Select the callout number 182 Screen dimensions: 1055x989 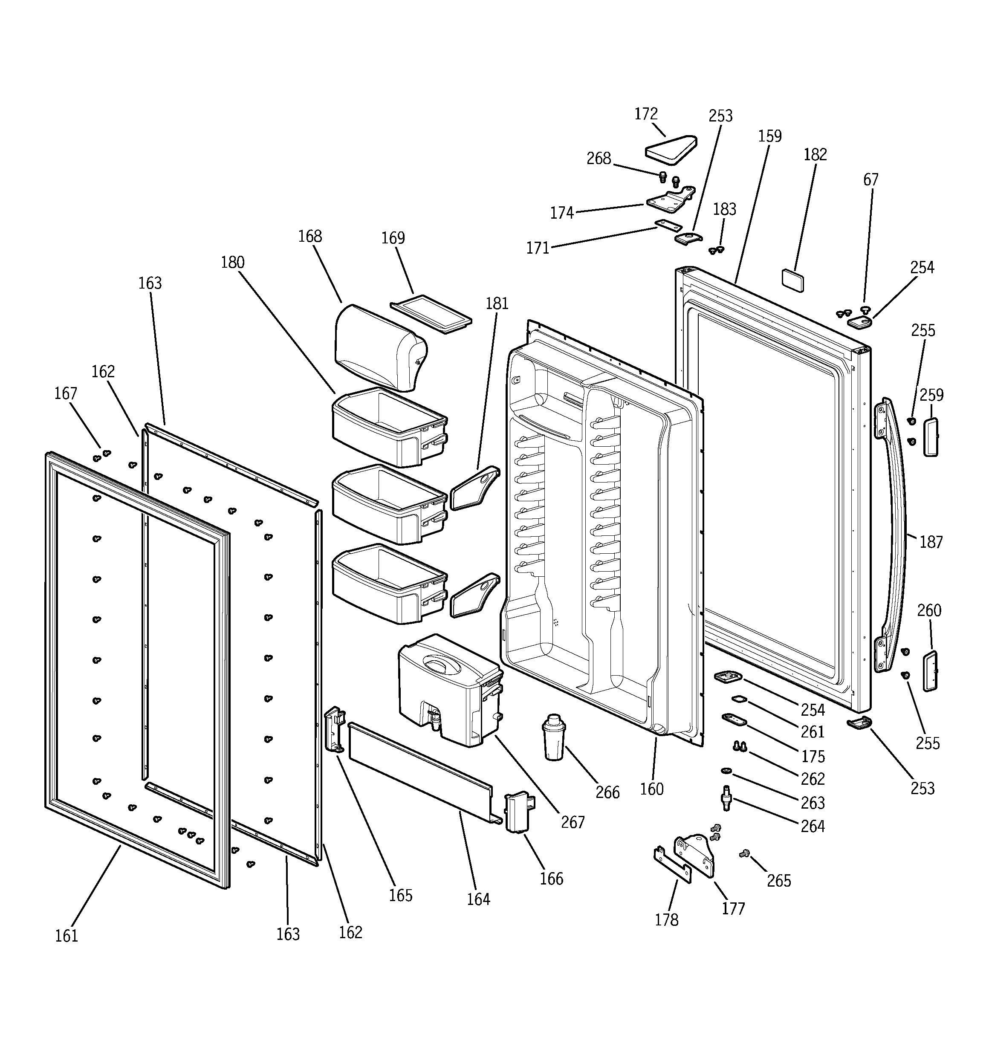815,154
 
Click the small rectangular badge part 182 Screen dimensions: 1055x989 792,280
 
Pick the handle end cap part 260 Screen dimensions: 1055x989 930,671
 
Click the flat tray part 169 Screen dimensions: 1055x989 431,314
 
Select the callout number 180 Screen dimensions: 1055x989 232,262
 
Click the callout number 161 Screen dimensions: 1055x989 67,936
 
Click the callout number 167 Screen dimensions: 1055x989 65,393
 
